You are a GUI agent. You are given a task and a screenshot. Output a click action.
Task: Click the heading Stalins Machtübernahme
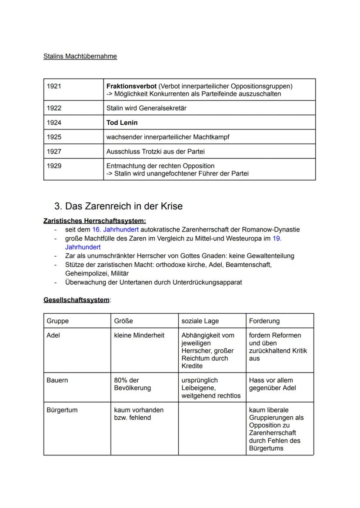[x=80, y=56]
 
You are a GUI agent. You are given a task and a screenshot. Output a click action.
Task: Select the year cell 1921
[x=54, y=86]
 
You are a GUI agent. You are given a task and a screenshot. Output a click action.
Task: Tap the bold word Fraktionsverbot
[x=131, y=86]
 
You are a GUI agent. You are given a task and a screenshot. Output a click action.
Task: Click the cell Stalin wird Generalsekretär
[x=146, y=108]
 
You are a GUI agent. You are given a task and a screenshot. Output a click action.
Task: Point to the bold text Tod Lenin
[x=122, y=123]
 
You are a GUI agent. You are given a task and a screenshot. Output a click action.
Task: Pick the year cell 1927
[x=54, y=151]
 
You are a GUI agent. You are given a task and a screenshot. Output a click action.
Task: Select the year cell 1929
[x=54, y=166]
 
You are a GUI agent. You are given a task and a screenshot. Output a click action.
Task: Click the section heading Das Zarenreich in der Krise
[x=118, y=206]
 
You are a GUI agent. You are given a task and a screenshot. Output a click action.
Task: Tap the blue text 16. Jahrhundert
[x=115, y=229]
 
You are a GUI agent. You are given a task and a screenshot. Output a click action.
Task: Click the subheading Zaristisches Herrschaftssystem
[x=95, y=221]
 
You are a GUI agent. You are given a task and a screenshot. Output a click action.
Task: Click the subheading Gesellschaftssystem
[x=77, y=300]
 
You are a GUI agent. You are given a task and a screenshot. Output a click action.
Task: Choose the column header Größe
[x=123, y=321]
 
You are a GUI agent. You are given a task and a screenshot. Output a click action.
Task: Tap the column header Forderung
[x=264, y=321]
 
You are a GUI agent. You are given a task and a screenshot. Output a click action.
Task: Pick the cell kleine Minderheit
[x=139, y=335]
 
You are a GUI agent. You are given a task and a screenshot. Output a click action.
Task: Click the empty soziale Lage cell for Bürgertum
[x=212, y=428]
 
